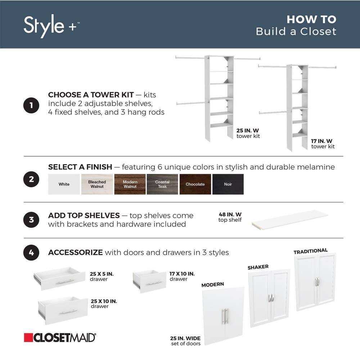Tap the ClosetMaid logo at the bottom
pyautogui.click(x=60, y=337)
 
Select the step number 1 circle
pyautogui.click(x=31, y=105)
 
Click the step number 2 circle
pyautogui.click(x=31, y=180)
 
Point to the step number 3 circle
pyautogui.click(x=31, y=220)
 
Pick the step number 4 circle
pyautogui.click(x=31, y=253)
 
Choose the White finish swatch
pyautogui.click(x=64, y=184)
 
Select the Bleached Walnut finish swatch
pyautogui.click(x=97, y=184)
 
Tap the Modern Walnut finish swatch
pyautogui.click(x=130, y=184)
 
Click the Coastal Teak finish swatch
pyautogui.click(x=162, y=184)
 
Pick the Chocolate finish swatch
pyautogui.click(x=195, y=184)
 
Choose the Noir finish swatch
pyautogui.click(x=228, y=184)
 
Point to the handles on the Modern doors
pyautogui.click(x=225, y=316)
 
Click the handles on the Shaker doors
pyautogui.click(x=270, y=297)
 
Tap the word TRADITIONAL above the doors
pyautogui.click(x=310, y=251)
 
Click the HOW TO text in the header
pyautogui.click(x=311, y=19)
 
